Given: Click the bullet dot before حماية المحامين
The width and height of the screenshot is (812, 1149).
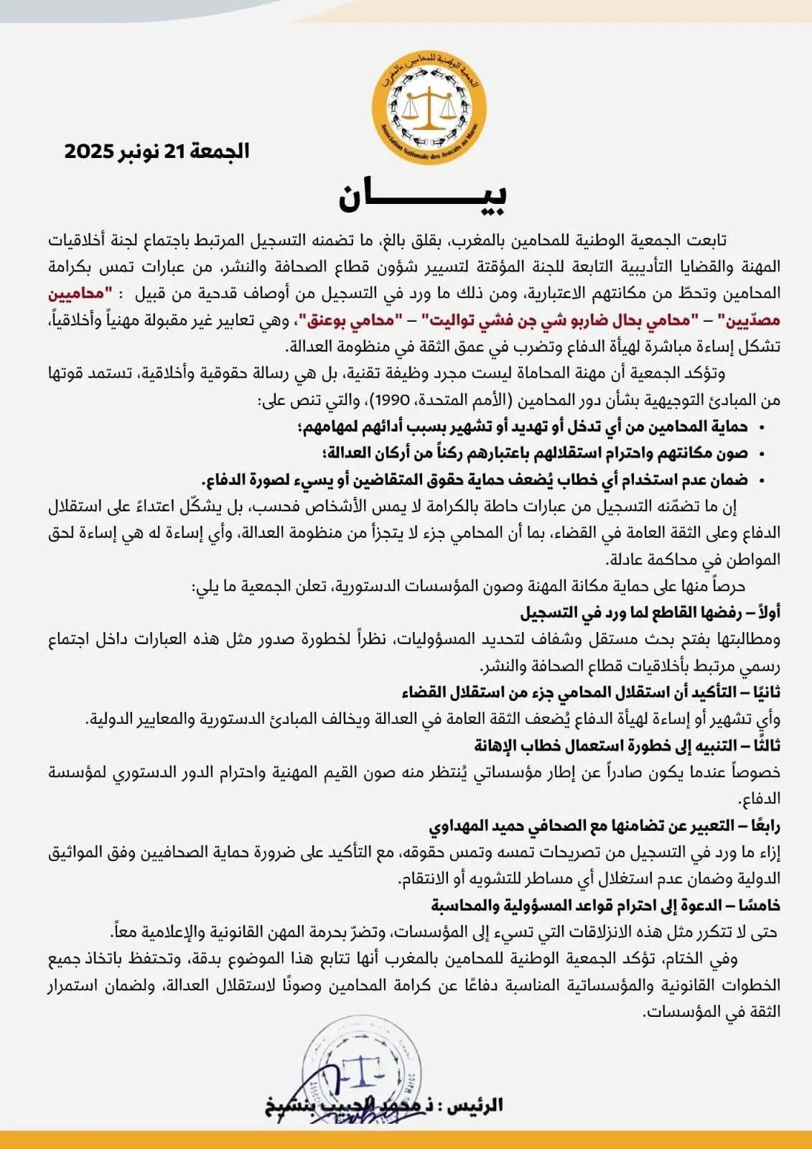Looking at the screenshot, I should (x=762, y=428).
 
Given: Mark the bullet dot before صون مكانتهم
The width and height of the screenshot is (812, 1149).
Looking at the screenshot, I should (x=762, y=455).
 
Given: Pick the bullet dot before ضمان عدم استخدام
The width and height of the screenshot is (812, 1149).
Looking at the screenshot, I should (x=762, y=481).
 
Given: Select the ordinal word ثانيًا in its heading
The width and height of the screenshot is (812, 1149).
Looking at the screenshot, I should (x=762, y=692).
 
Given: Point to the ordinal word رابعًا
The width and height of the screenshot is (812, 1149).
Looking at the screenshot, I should (x=762, y=826).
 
